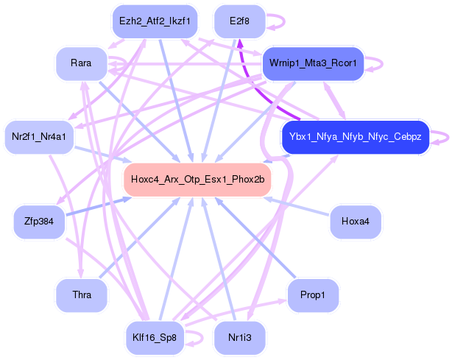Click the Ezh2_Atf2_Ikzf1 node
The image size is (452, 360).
[155, 21]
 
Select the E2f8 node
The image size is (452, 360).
[239, 21]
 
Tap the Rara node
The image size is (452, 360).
[81, 63]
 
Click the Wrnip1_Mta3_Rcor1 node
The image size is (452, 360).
[314, 63]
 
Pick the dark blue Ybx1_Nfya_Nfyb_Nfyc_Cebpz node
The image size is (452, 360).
[355, 137]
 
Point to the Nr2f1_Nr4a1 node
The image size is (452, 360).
[39, 137]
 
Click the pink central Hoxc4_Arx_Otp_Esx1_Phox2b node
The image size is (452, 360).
[198, 180]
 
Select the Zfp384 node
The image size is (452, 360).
[39, 222]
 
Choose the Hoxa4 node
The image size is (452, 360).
[356, 221]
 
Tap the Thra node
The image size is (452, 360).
[82, 295]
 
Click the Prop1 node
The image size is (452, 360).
[314, 295]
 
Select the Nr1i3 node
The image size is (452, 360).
[239, 338]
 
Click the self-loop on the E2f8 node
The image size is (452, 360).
[277, 21]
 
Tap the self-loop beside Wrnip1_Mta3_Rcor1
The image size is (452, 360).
[375, 63]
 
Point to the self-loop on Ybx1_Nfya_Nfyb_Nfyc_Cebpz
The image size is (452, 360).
[440, 137]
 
